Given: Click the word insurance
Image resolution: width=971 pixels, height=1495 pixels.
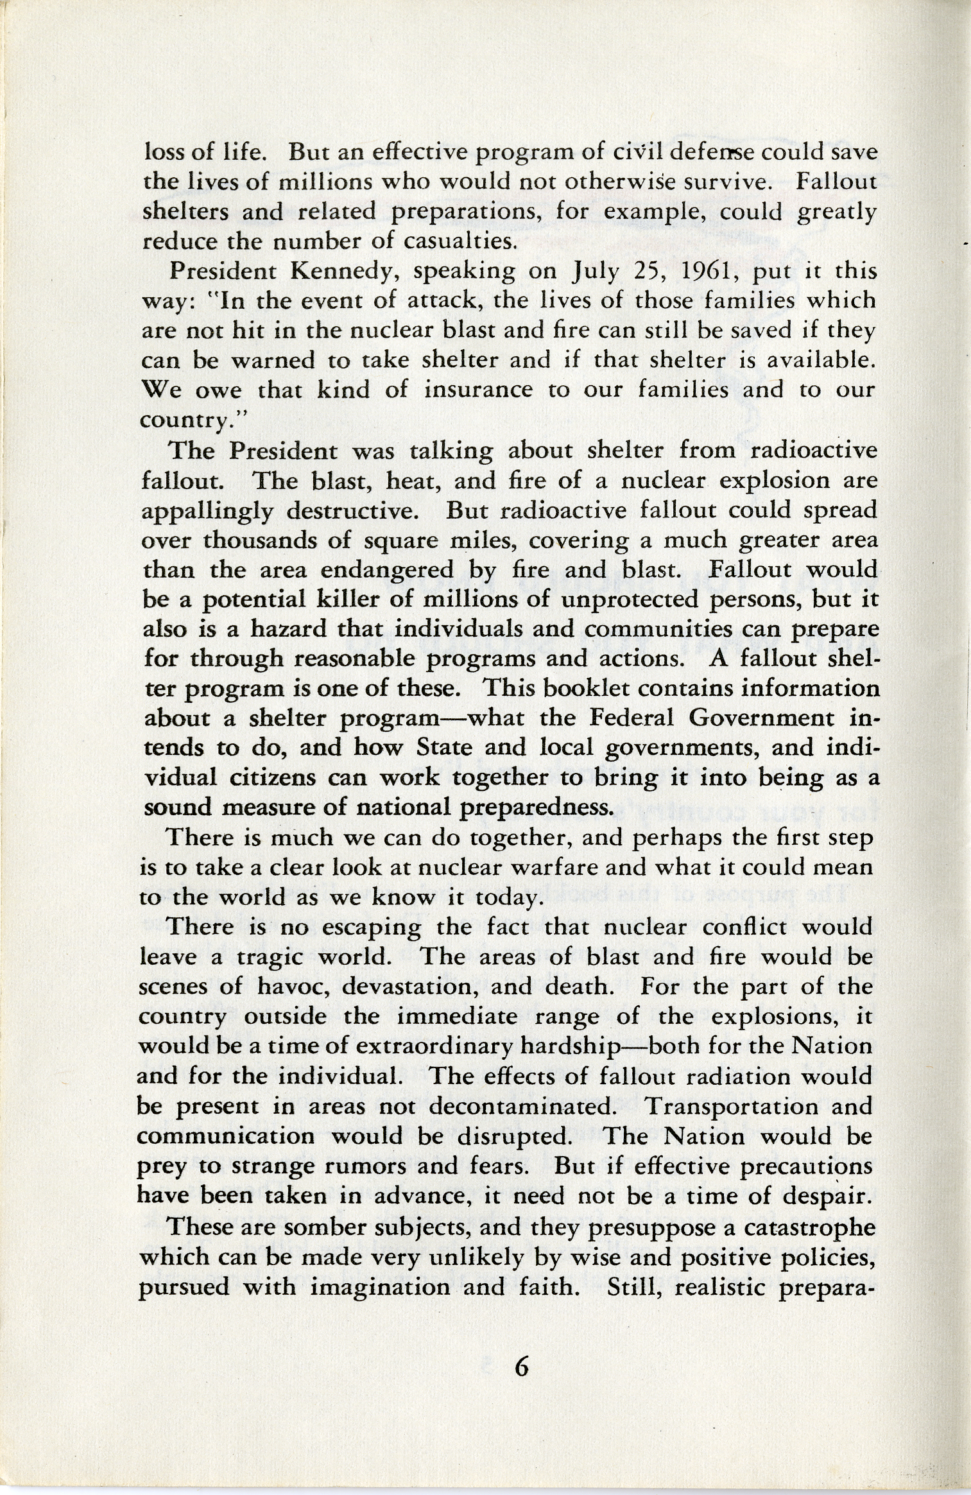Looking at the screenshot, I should [478, 390].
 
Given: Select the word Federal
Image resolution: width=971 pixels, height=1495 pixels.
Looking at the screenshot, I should [628, 717].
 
